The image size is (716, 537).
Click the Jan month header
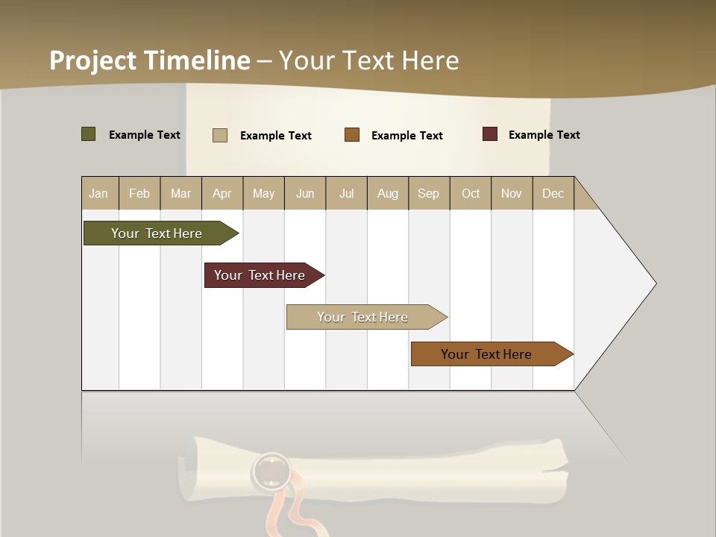98,193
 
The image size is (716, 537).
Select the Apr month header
222,193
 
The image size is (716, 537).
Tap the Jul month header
346,193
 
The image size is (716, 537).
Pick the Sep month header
428,193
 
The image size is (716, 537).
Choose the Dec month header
553,193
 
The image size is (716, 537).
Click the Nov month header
511,193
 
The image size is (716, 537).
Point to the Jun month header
304,193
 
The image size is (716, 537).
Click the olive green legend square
89,134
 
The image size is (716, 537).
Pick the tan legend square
220,135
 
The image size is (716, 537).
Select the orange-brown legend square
352,134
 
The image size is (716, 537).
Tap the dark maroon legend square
490,134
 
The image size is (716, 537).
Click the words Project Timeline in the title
150,60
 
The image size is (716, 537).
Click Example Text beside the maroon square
544,135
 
